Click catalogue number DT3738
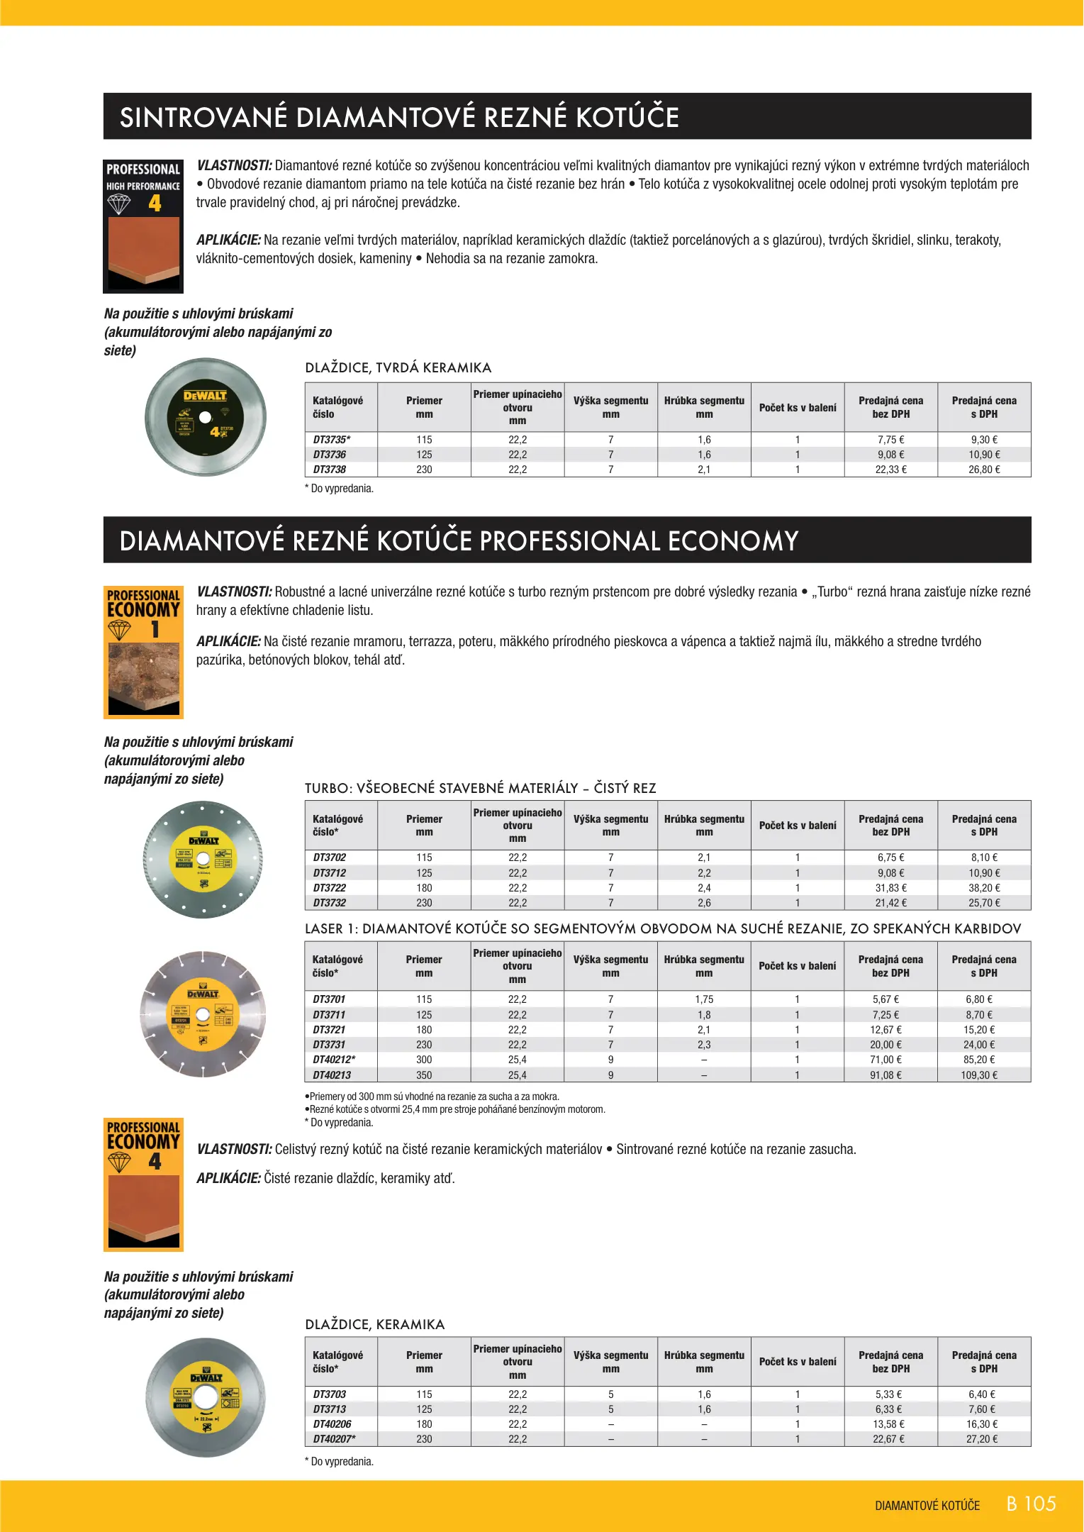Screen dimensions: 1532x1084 tap(330, 470)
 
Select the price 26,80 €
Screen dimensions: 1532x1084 tap(984, 470)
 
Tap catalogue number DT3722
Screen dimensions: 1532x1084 tap(330, 888)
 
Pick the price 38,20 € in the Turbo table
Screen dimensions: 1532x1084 tap(984, 888)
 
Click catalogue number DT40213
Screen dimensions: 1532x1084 tap(332, 1075)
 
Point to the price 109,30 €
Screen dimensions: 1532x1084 tap(979, 1075)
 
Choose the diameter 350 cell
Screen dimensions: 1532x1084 tap(424, 1075)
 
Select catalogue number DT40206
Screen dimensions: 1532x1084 tap(332, 1424)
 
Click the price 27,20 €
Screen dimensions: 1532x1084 tap(982, 1439)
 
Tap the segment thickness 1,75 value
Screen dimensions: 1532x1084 tap(704, 999)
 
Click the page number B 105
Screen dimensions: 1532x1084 tap(1032, 1504)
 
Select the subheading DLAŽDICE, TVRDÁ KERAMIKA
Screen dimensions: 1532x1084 tap(398, 367)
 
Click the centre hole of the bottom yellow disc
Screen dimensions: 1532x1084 tap(206, 1397)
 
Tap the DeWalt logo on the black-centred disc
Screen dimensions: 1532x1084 tap(205, 396)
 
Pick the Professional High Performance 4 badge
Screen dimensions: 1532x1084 tap(143, 226)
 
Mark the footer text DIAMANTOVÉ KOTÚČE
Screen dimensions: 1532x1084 tap(927, 1506)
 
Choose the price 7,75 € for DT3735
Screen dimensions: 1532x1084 tap(890, 440)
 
